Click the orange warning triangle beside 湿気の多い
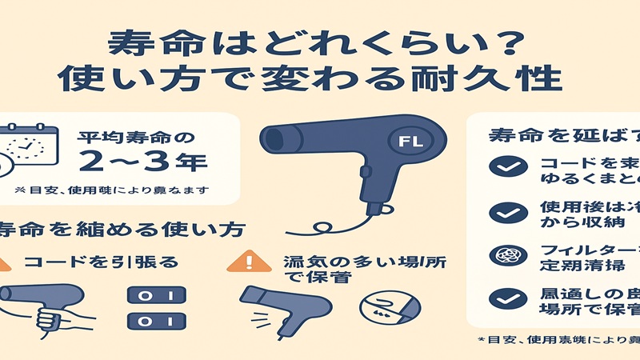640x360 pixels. click(250, 262)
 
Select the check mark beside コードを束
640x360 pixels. click(506, 166)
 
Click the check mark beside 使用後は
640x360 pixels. click(506, 212)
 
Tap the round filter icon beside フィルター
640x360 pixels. click(506, 256)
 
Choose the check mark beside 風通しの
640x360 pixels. click(506, 299)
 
